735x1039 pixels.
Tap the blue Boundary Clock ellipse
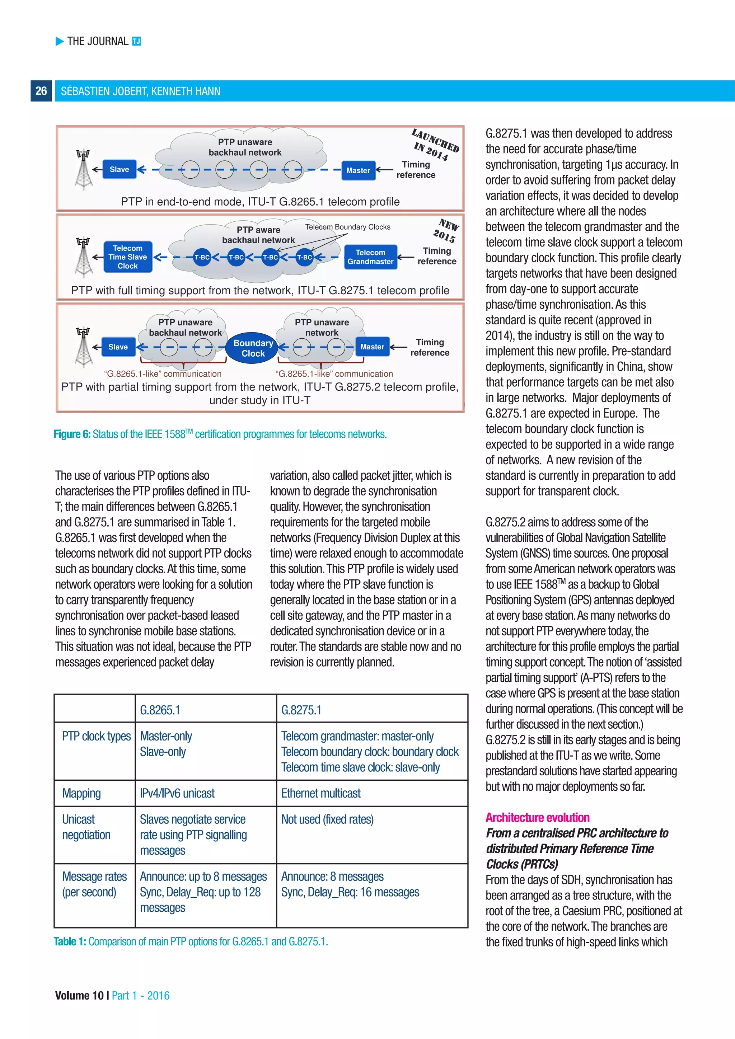tap(253, 348)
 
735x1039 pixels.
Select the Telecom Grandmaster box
tap(370, 257)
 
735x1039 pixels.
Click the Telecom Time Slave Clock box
tap(128, 257)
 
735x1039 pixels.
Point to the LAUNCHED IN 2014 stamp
tap(435, 145)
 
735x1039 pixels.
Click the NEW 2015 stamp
tap(446, 230)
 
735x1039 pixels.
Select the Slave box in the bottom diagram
tap(118, 347)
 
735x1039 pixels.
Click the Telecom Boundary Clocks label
tap(348, 227)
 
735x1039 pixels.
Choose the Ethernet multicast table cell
tap(321, 793)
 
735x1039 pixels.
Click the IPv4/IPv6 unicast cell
tap(177, 793)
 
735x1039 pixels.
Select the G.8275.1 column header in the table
tap(301, 710)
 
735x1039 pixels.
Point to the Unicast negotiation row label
tap(86, 827)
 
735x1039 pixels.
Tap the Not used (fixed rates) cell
tap(327, 819)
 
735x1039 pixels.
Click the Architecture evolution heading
tap(537, 817)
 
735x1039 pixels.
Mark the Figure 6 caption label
tap(72, 434)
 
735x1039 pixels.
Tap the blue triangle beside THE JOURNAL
tap(60, 42)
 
